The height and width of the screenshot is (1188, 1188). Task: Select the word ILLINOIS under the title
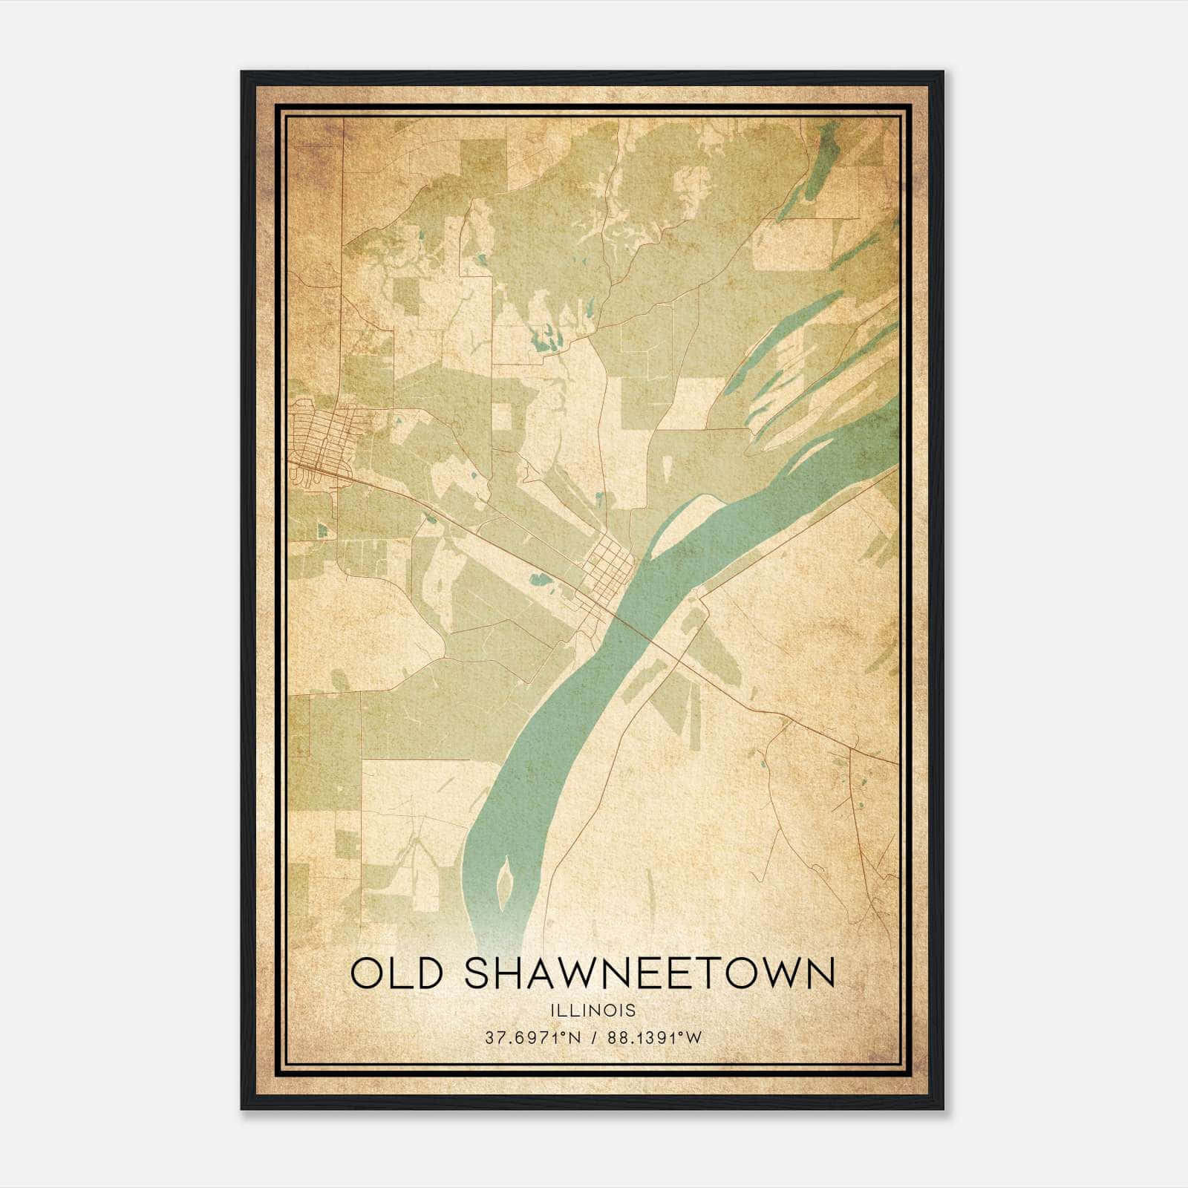(x=593, y=1011)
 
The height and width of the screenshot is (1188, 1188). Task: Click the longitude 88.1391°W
(x=654, y=1038)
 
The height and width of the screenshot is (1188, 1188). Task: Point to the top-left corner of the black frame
(x=243, y=73)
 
